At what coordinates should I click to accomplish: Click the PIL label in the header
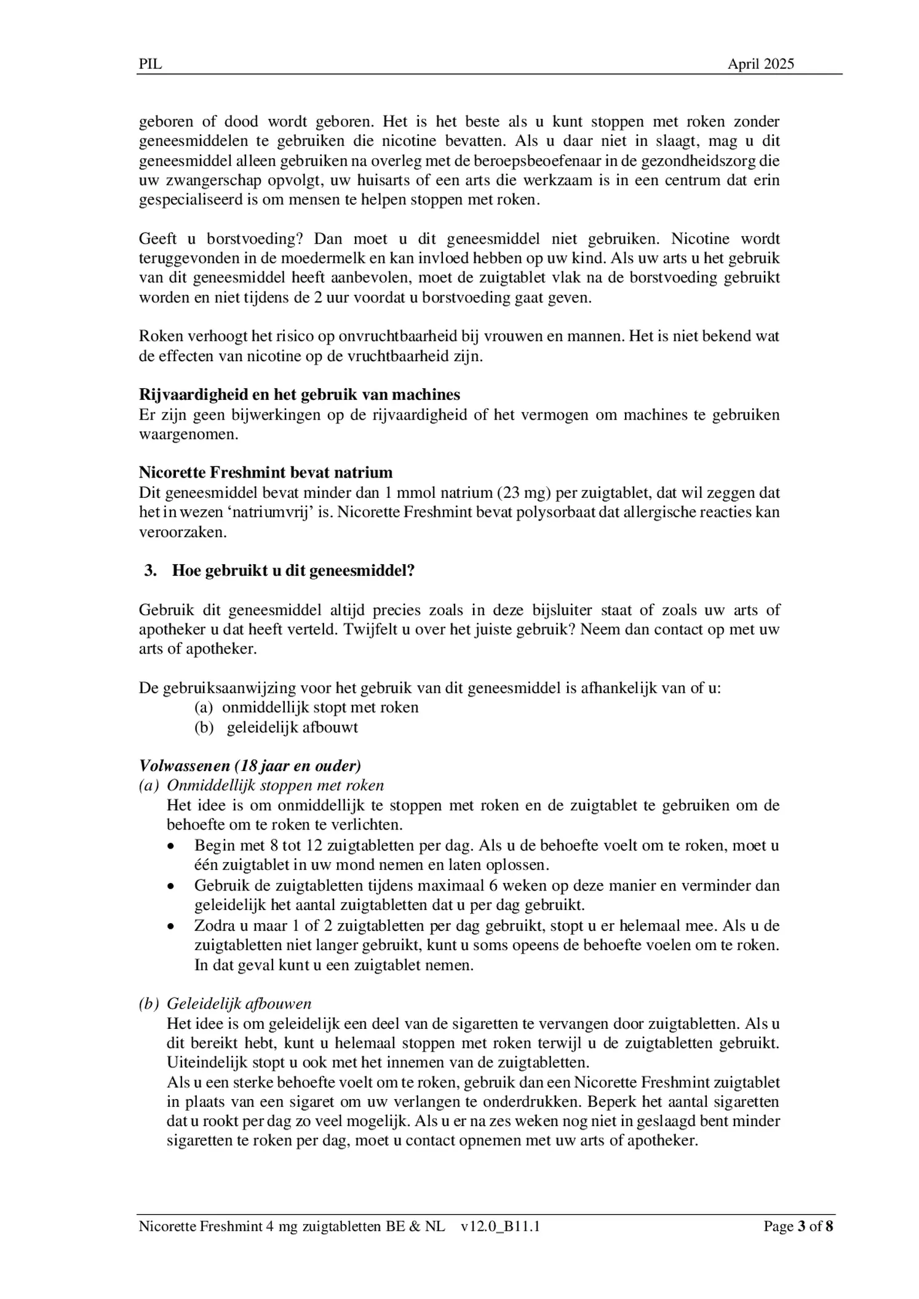tap(150, 64)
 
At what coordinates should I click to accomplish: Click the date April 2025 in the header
tap(760, 64)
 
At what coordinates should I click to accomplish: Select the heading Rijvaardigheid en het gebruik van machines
tap(299, 394)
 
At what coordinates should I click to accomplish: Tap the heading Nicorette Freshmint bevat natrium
tap(265, 473)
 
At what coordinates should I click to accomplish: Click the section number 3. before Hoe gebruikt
tap(151, 570)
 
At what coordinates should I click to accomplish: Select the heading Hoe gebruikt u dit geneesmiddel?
tap(293, 570)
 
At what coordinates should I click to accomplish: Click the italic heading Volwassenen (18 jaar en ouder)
tap(250, 766)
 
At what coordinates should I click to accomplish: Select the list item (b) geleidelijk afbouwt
tap(276, 727)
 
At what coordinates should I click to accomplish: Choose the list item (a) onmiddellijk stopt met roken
tap(306, 708)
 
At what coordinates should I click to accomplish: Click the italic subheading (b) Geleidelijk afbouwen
tap(225, 1004)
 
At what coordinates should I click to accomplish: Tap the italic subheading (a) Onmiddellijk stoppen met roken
tap(261, 786)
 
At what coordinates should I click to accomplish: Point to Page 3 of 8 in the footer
tap(798, 1226)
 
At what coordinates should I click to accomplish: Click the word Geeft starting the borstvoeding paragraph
tap(157, 239)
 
